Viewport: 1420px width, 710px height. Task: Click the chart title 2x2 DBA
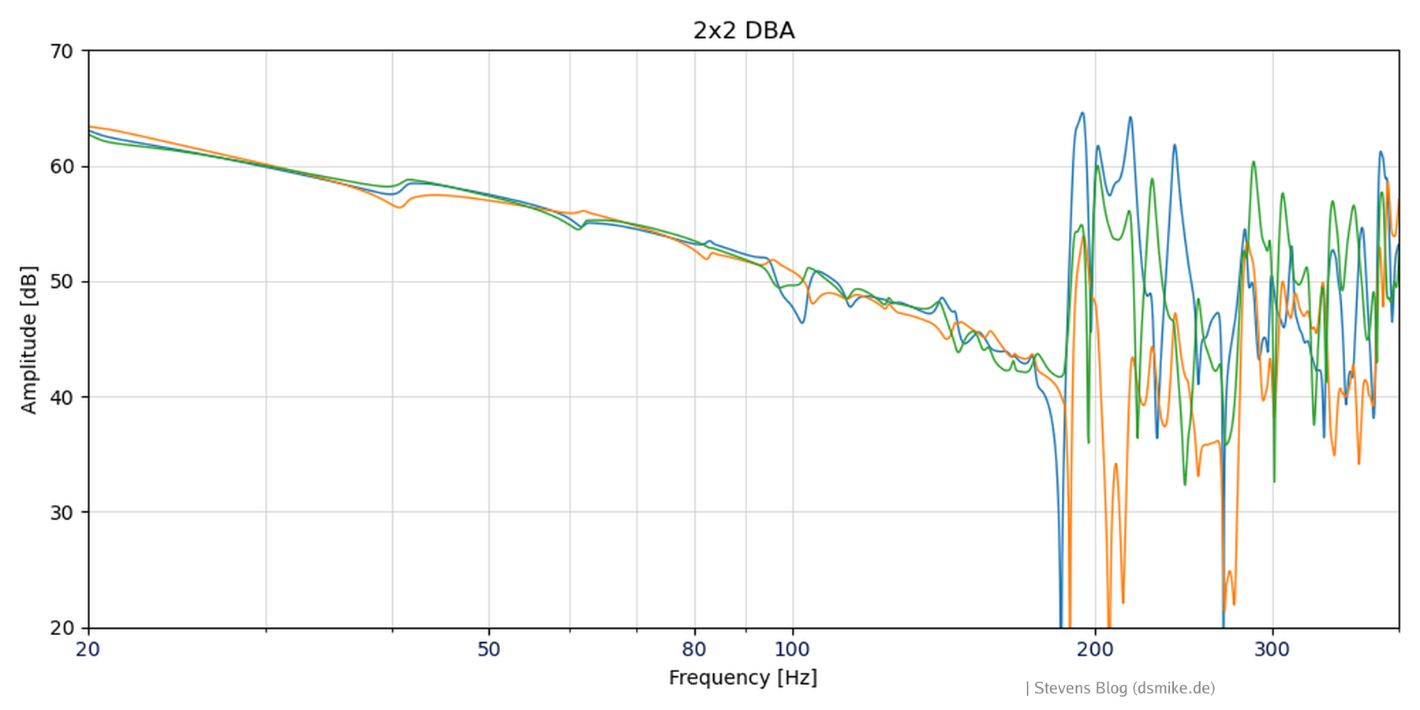pyautogui.click(x=743, y=31)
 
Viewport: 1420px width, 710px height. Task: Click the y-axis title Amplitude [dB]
pyautogui.click(x=29, y=339)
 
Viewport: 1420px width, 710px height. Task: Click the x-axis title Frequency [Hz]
pyautogui.click(x=742, y=678)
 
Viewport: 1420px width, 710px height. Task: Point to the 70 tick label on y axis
pyautogui.click(x=61, y=51)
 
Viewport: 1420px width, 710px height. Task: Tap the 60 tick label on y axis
pyautogui.click(x=61, y=166)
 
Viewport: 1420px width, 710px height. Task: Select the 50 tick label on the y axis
pyautogui.click(x=61, y=282)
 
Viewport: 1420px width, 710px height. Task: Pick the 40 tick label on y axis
pyautogui.click(x=61, y=397)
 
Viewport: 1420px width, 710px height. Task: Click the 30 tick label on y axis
pyautogui.click(x=61, y=512)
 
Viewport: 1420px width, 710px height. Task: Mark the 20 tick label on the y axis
pyautogui.click(x=61, y=628)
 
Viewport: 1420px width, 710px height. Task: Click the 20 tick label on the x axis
pyautogui.click(x=88, y=649)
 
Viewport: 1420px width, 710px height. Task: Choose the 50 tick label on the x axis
pyautogui.click(x=488, y=649)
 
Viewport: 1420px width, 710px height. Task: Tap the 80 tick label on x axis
pyautogui.click(x=694, y=649)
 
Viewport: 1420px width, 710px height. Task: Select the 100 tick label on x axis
pyautogui.click(x=792, y=649)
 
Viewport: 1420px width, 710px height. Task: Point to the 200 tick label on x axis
pyautogui.click(x=1095, y=649)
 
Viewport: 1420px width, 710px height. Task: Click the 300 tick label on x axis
pyautogui.click(x=1272, y=649)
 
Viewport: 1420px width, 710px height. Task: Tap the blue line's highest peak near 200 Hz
pyautogui.click(x=1082, y=113)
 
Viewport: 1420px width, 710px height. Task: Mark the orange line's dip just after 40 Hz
pyautogui.click(x=399, y=207)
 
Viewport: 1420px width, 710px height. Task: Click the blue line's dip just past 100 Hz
pyautogui.click(x=802, y=323)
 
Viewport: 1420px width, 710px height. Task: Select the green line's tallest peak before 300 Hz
pyautogui.click(x=1253, y=162)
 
